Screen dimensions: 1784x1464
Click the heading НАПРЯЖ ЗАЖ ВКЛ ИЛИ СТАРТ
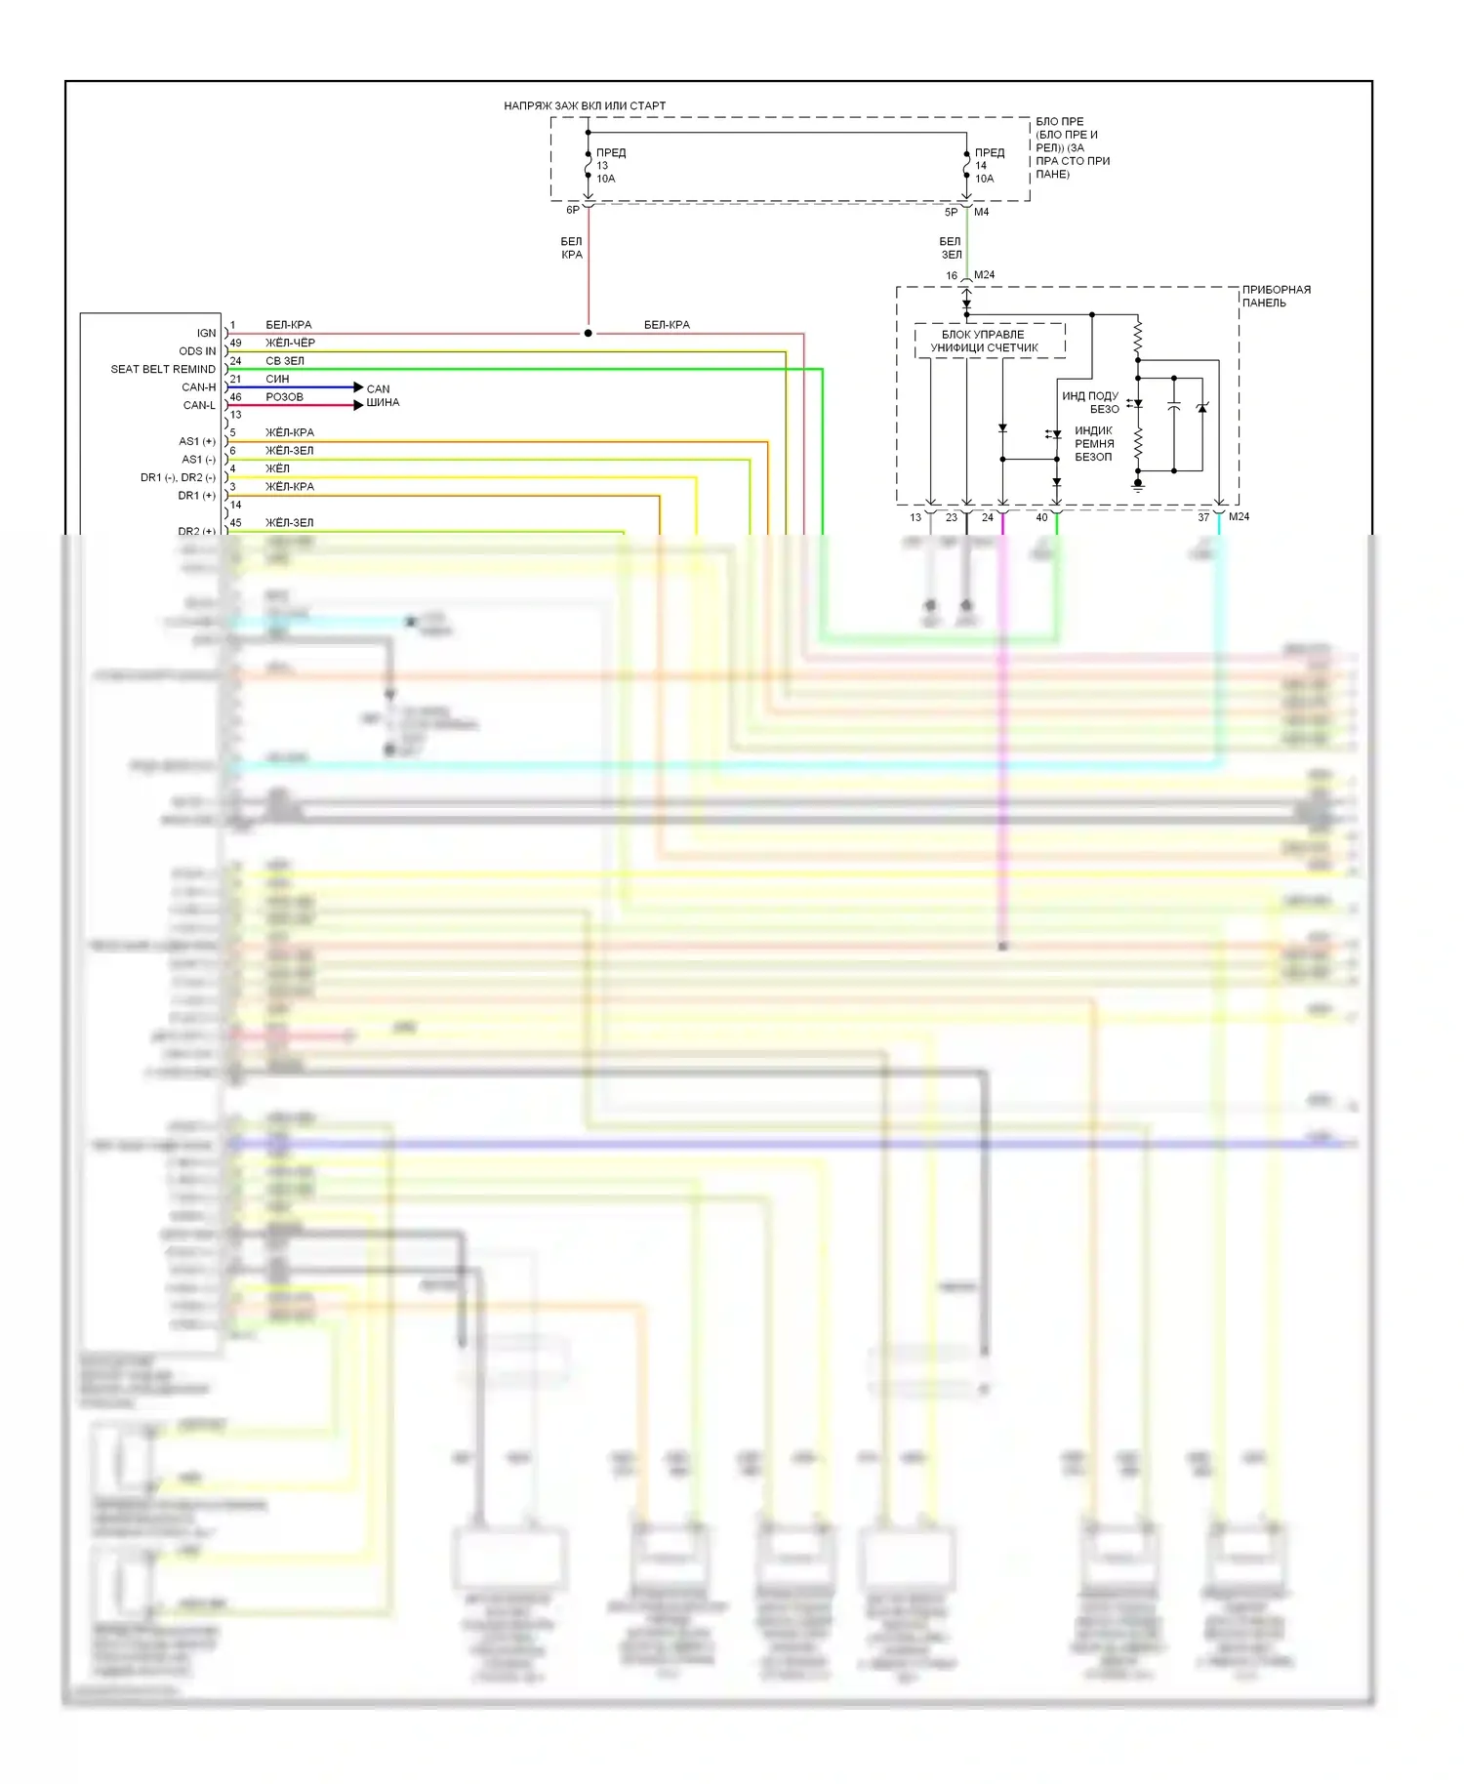coord(585,105)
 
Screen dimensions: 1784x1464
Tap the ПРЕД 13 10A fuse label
coord(609,165)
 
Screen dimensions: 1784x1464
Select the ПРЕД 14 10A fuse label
coord(988,165)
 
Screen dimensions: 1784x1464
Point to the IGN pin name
coord(206,333)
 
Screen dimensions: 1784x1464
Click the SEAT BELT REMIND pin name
coord(163,369)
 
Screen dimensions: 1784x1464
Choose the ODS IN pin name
coord(197,351)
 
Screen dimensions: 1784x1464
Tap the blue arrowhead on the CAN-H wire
coord(358,387)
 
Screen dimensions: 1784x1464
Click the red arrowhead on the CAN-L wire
coord(358,405)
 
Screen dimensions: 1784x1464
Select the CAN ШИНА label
coord(383,395)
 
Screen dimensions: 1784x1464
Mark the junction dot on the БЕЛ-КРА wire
coord(588,334)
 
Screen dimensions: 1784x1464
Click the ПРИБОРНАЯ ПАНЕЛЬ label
coord(1276,296)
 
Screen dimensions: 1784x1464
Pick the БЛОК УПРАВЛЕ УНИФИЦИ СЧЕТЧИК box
coord(989,341)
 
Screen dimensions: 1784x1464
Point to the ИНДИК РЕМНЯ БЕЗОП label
coord(1093,443)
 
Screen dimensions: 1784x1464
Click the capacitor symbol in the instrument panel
coord(1174,407)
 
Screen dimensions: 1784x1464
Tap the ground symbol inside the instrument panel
coord(1138,484)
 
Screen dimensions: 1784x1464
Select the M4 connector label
coord(982,212)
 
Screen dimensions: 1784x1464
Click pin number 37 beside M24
coord(1203,517)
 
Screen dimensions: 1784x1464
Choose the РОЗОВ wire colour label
coord(284,397)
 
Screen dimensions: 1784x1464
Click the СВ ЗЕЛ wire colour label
coord(285,361)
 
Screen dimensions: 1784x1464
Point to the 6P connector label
coord(573,210)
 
